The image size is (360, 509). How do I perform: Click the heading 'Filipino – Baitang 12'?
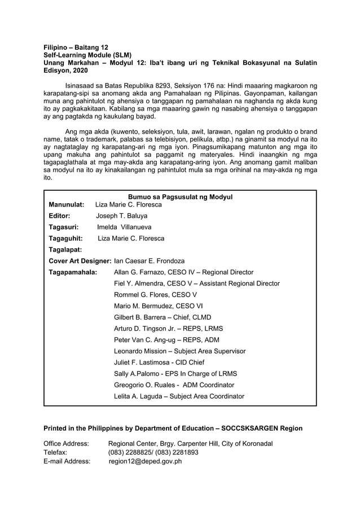click(76, 47)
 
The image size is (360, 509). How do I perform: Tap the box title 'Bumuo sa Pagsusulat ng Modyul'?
click(180, 197)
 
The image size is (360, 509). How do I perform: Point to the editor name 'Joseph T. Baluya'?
click(121, 216)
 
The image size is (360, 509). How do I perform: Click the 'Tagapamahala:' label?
click(73, 272)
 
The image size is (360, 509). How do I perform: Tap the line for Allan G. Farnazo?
click(183, 272)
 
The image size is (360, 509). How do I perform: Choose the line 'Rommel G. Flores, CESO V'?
click(155, 295)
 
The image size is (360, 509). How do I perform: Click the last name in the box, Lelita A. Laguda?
click(179, 396)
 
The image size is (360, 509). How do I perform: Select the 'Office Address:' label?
click(66, 444)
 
